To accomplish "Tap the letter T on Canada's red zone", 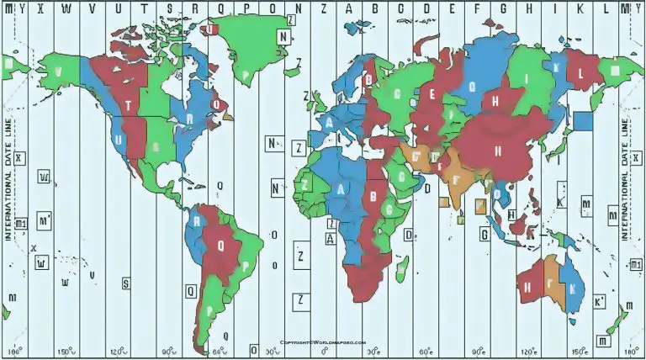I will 128,105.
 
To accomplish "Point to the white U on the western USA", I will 119,140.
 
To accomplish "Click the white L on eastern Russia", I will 580,72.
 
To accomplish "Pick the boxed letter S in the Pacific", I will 126,283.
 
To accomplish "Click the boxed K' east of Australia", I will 600,301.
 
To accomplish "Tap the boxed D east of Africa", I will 409,236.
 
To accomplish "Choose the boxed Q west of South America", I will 191,290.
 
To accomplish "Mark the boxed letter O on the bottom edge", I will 253,349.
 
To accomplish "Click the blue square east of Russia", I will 583,120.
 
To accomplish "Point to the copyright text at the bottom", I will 324,342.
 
